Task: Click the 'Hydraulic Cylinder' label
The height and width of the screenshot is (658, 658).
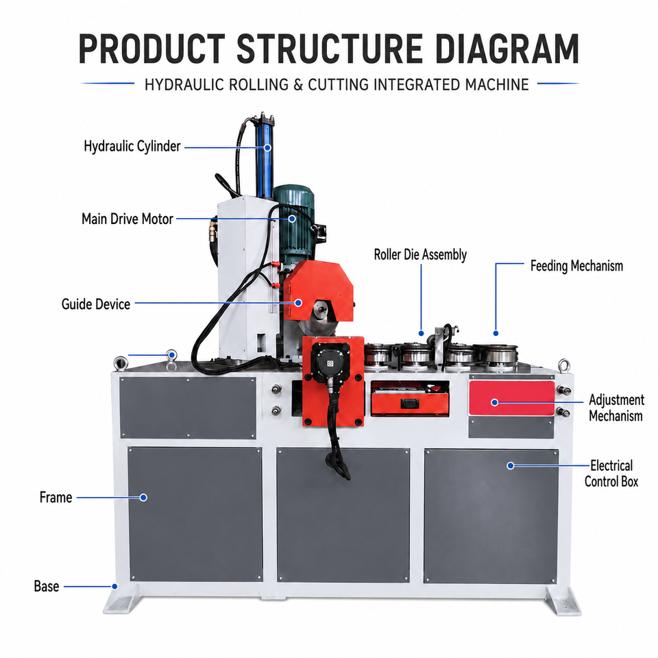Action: pyautogui.click(x=132, y=147)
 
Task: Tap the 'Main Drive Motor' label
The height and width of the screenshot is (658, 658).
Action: pyautogui.click(x=127, y=219)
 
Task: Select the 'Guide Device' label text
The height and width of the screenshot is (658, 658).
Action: pyautogui.click(x=96, y=304)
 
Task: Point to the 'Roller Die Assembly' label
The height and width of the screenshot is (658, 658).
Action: pyautogui.click(x=420, y=254)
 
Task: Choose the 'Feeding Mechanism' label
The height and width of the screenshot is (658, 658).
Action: pyautogui.click(x=576, y=266)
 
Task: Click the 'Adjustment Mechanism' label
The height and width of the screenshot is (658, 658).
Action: pyautogui.click(x=616, y=407)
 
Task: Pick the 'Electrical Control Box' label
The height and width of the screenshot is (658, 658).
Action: pyautogui.click(x=611, y=474)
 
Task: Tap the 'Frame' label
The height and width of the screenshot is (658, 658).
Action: pyautogui.click(x=56, y=498)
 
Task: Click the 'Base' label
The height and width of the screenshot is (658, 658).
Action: pyautogui.click(x=46, y=586)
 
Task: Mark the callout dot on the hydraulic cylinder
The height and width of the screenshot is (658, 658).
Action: pyautogui.click(x=267, y=148)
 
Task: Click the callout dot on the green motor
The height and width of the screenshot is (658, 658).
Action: pyautogui.click(x=292, y=219)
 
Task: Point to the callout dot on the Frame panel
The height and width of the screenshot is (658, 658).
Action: pyautogui.click(x=143, y=498)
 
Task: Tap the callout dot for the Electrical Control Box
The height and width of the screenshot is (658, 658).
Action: pyautogui.click(x=510, y=465)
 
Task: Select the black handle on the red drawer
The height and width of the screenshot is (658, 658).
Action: pyautogui.click(x=410, y=404)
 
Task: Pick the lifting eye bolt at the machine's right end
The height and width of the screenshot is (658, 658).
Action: pyautogui.click(x=564, y=365)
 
